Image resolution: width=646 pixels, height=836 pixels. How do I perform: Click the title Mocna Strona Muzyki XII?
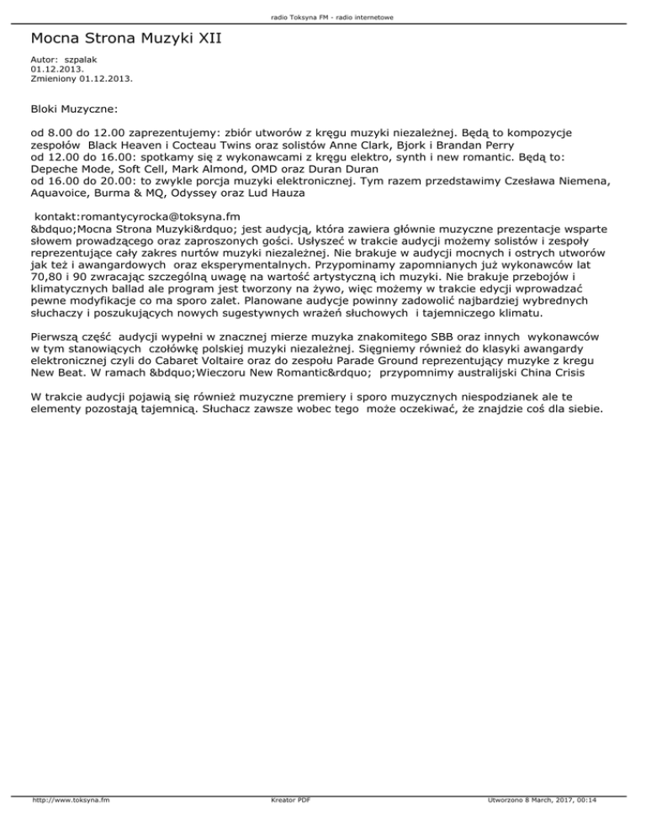pos(125,39)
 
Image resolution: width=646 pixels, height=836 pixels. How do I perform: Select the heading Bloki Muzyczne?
pos(74,109)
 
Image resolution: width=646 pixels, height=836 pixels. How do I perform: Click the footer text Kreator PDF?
pos(287,823)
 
